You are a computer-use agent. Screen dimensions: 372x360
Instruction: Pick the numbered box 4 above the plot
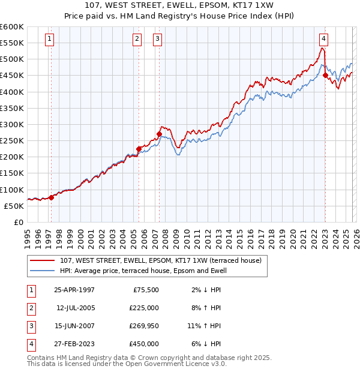click(x=323, y=39)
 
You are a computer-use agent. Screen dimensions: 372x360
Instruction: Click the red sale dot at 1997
click(x=52, y=197)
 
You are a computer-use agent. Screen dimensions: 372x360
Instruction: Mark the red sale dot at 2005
click(x=139, y=149)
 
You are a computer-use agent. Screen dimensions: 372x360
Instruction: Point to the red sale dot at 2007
click(x=159, y=134)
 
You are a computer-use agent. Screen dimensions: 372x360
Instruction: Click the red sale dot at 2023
click(x=325, y=76)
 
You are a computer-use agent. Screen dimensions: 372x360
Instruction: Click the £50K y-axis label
click(x=14, y=206)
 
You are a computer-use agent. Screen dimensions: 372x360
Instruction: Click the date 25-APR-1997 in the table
click(x=74, y=289)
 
